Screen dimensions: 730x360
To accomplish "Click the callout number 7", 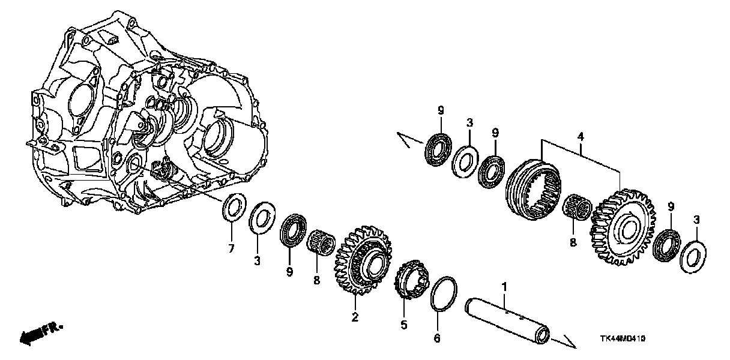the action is click(x=231, y=247).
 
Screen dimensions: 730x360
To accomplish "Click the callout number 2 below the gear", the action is click(x=355, y=317).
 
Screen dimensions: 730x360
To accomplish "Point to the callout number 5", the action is click(x=403, y=325).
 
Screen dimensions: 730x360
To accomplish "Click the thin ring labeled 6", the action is click(x=443, y=294).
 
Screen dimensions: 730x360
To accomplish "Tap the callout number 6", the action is click(x=437, y=339).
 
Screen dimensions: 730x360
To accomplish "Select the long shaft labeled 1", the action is click(x=507, y=318).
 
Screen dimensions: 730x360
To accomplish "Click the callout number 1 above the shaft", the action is click(x=504, y=287).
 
